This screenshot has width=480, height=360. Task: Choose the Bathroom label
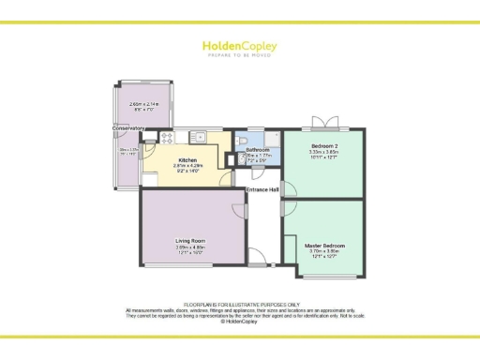(x=257, y=149)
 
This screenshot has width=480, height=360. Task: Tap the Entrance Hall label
(x=262, y=190)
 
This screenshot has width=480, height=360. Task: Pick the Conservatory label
(x=129, y=127)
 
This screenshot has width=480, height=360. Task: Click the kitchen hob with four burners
(x=166, y=137)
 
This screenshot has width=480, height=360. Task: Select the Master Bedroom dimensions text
(x=325, y=254)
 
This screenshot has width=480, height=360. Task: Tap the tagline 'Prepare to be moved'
(x=239, y=54)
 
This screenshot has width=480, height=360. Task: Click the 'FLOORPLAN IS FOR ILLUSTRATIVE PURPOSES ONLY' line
(x=241, y=304)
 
